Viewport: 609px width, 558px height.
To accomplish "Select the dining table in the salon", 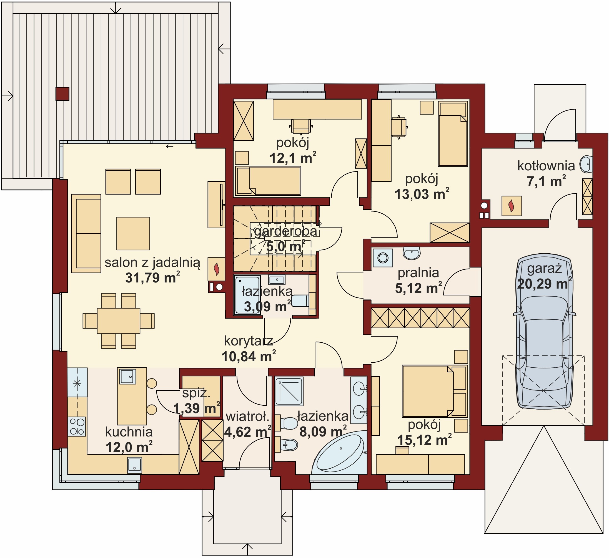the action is click(119, 321).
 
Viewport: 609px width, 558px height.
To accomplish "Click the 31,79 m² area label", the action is click(153, 277).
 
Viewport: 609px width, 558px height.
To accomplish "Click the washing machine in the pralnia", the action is click(383, 257).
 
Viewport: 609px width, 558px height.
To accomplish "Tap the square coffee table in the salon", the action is click(133, 233).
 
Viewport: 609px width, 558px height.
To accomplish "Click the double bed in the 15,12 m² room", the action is click(435, 391).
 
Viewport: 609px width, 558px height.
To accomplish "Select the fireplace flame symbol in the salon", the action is click(216, 269).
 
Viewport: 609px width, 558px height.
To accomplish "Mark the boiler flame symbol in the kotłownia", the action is click(511, 206).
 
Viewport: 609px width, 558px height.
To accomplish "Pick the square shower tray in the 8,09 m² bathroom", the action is click(289, 391).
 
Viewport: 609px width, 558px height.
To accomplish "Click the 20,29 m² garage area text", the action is click(544, 284).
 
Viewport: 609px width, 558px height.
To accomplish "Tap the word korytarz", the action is click(249, 341).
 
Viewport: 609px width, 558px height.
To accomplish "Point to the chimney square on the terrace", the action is click(62, 94).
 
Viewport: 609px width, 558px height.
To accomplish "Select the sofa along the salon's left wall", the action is click(86, 233).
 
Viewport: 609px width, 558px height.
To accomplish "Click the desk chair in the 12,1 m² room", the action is click(301, 126).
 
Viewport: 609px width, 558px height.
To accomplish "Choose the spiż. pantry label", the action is click(196, 393).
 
